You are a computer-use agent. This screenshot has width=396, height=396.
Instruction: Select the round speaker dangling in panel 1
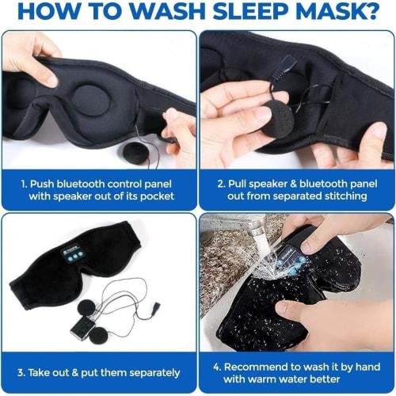(135, 152)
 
